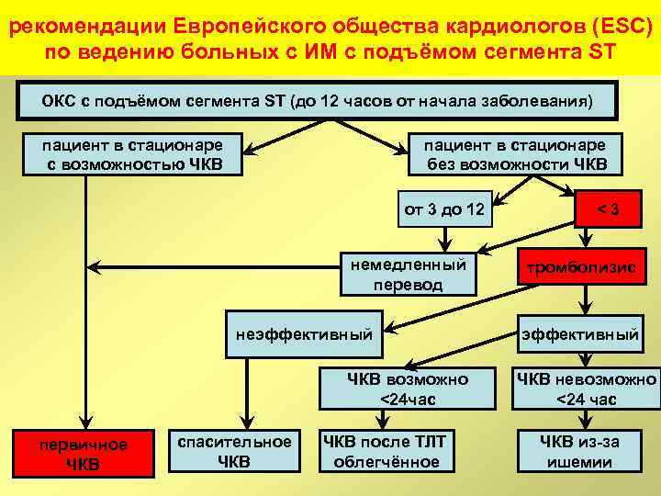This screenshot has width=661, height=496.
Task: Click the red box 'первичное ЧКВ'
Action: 83,453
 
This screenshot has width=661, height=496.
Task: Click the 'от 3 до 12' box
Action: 444,209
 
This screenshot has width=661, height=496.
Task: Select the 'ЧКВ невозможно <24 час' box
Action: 586,389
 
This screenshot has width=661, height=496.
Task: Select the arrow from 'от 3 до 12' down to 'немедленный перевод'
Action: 443,237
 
